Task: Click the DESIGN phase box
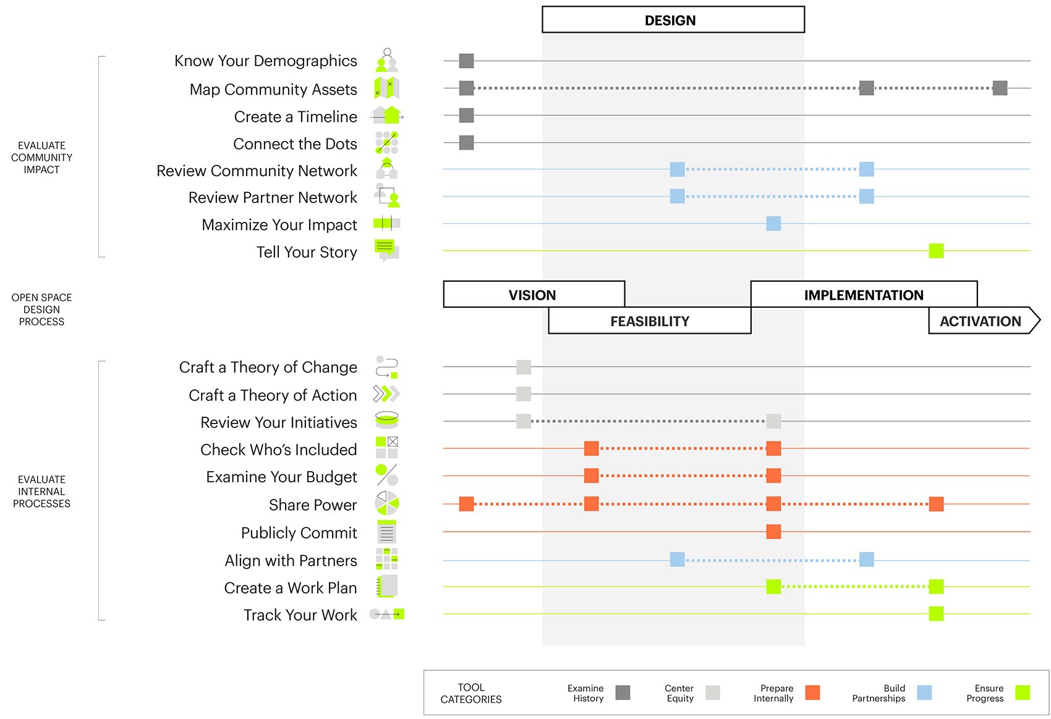point(673,20)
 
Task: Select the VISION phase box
point(533,295)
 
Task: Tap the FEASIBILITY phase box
point(649,321)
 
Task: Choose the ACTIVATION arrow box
point(981,321)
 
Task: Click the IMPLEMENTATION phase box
point(863,295)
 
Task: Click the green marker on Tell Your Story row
point(936,250)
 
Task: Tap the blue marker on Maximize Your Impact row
point(773,223)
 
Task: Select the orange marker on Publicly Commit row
point(773,531)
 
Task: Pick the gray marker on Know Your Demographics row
point(466,61)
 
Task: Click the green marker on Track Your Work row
point(936,613)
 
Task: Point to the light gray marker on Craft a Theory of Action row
point(524,394)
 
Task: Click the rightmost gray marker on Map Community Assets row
point(1000,88)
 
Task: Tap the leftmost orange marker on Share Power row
point(466,504)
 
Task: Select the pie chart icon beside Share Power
point(387,504)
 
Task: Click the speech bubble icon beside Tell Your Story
point(387,250)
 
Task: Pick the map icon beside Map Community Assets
point(387,88)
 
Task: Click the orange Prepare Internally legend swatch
point(812,692)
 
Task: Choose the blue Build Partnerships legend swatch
point(924,692)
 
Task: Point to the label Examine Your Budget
point(281,477)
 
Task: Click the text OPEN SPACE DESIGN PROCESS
point(41,309)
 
